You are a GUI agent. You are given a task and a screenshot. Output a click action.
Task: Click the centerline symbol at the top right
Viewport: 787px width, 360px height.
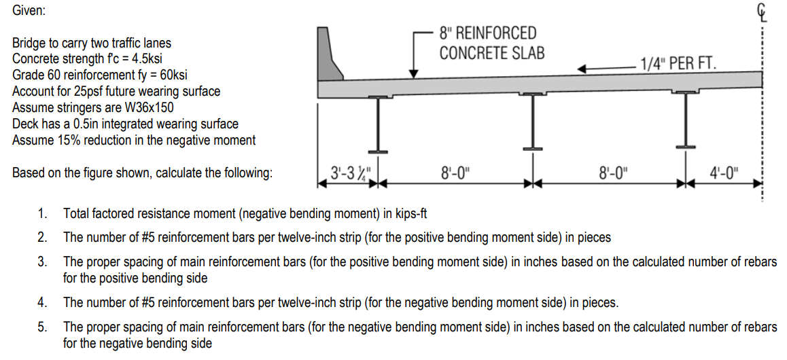[762, 12]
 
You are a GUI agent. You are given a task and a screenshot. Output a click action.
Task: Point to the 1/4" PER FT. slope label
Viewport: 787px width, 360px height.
[678, 64]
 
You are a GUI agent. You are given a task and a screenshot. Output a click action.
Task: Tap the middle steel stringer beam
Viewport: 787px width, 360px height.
[533, 121]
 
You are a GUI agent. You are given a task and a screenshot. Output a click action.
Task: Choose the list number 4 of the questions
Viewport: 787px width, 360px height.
[42, 302]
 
